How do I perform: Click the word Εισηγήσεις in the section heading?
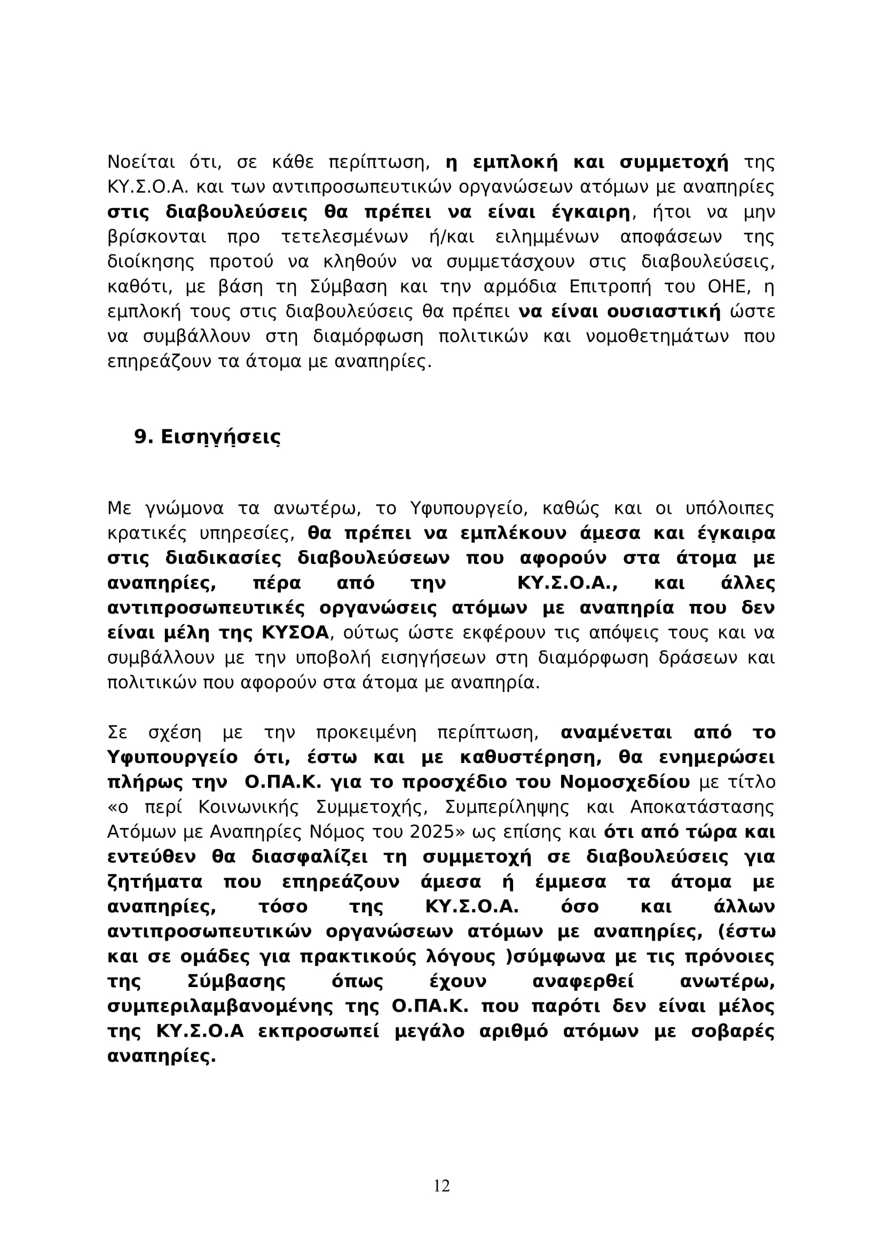click(x=221, y=437)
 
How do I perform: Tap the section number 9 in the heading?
click(x=140, y=437)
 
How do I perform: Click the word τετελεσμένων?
click(x=345, y=237)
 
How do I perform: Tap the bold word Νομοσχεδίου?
click(x=625, y=782)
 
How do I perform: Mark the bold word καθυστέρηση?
click(x=532, y=757)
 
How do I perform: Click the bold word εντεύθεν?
click(x=152, y=857)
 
